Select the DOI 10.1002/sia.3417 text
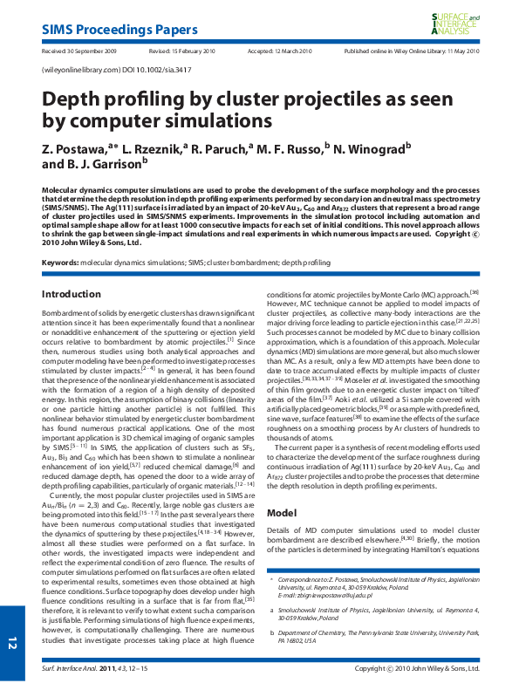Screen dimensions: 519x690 coord(132,68)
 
